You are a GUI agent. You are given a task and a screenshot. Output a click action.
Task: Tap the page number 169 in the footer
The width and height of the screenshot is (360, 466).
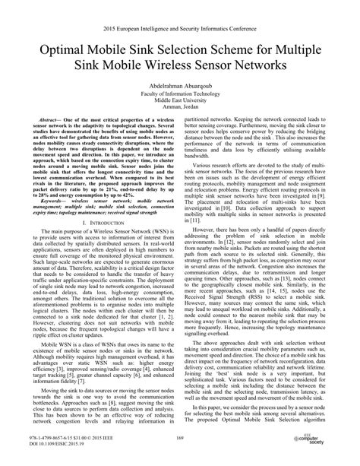point(181,439)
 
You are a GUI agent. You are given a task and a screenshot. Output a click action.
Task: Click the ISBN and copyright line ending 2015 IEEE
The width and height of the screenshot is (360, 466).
point(68,439)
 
